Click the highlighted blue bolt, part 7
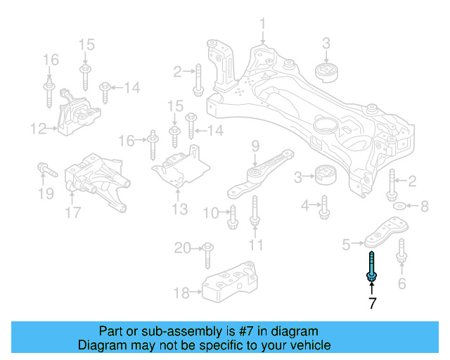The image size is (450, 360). point(371,267)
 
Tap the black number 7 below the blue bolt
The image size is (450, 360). point(372,304)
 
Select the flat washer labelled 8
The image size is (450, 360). point(399,207)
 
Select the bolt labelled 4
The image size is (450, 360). point(324,207)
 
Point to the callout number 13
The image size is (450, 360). point(179,209)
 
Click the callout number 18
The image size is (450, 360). point(181,292)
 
